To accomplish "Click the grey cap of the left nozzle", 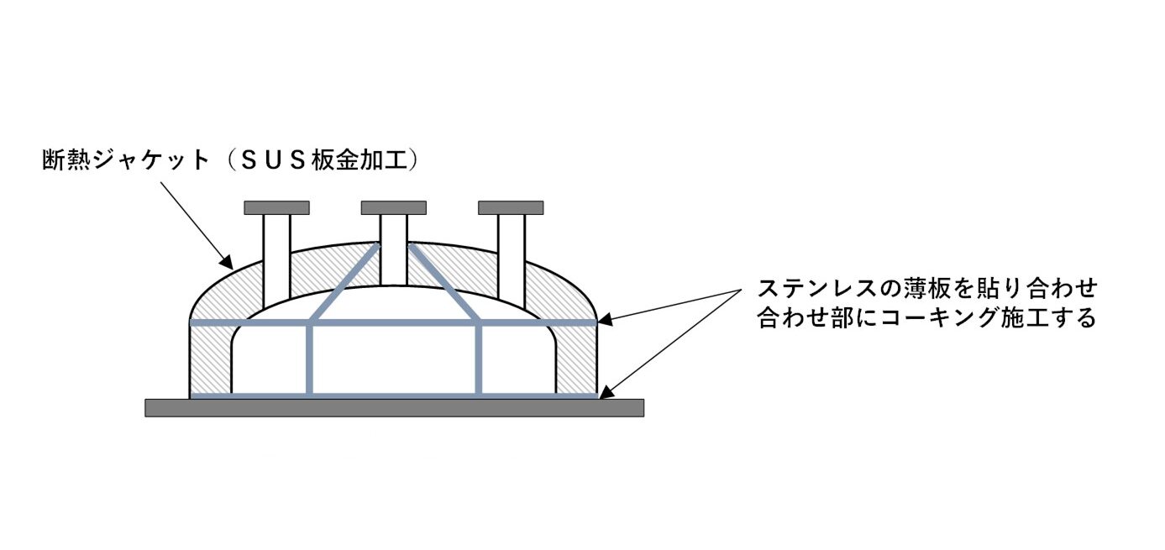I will (276, 207).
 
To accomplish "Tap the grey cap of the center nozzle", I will (393, 207).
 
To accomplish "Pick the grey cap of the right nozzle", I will (510, 207).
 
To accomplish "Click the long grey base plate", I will (394, 407).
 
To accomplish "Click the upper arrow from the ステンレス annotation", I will (672, 305).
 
